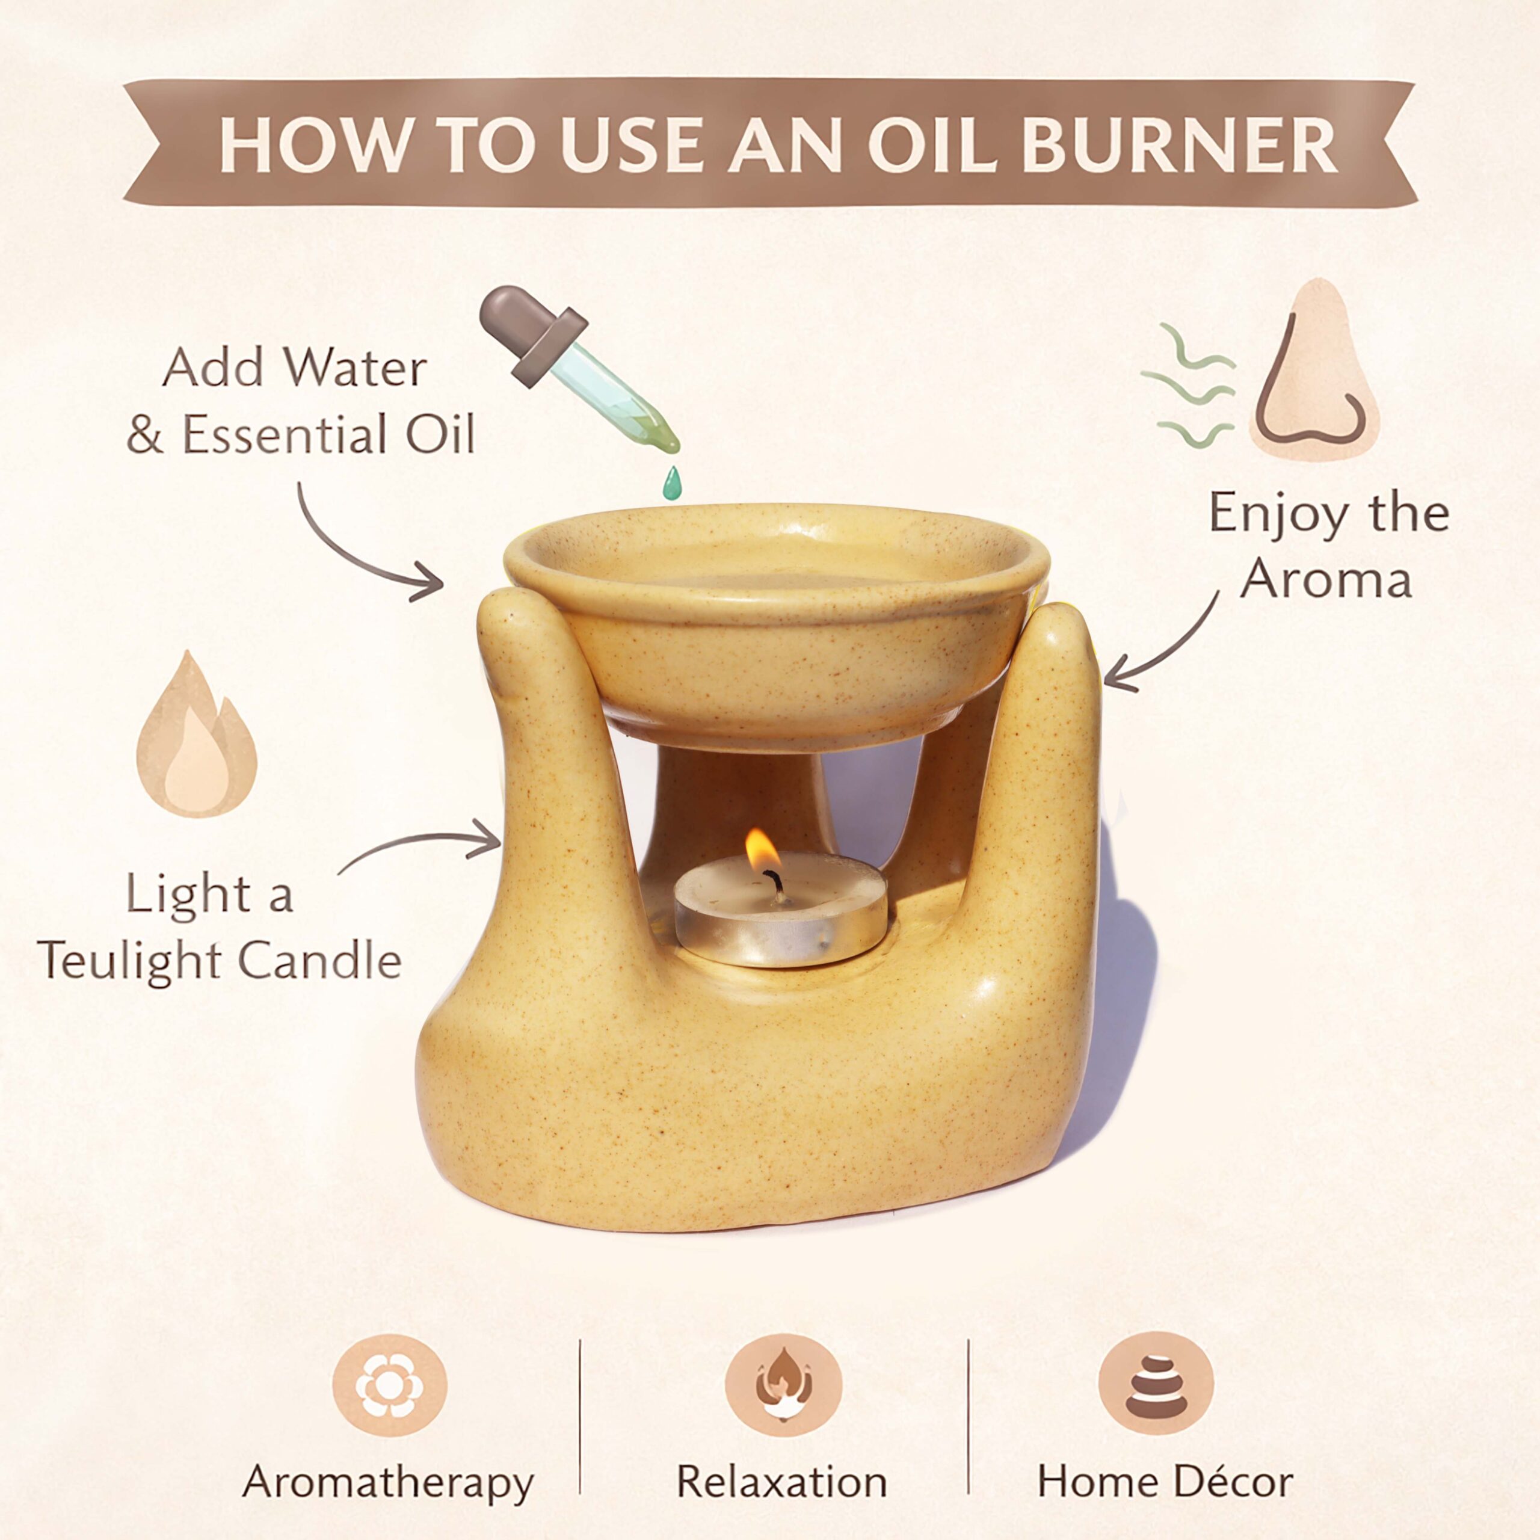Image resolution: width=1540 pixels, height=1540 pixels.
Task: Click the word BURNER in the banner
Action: coord(1179,145)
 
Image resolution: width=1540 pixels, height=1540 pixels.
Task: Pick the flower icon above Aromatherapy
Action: coord(390,1386)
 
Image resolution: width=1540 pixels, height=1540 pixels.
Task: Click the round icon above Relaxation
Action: coord(784,1386)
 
